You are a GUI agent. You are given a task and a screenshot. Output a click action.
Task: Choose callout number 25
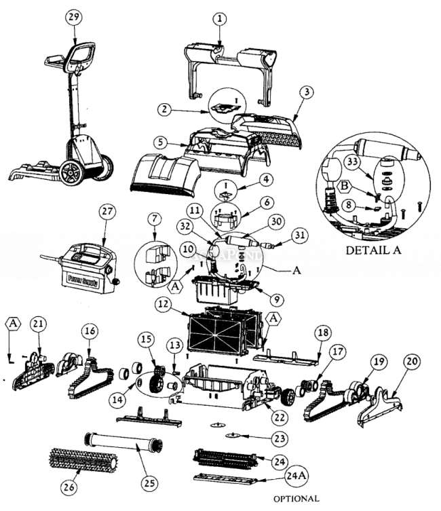click(149, 483)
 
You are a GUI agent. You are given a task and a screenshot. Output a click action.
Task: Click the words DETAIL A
click(374, 250)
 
